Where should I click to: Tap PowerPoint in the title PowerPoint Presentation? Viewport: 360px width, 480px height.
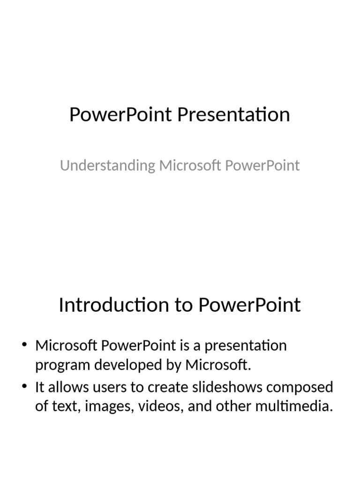click(120, 114)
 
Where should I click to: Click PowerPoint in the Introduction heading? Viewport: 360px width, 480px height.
click(249, 305)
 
